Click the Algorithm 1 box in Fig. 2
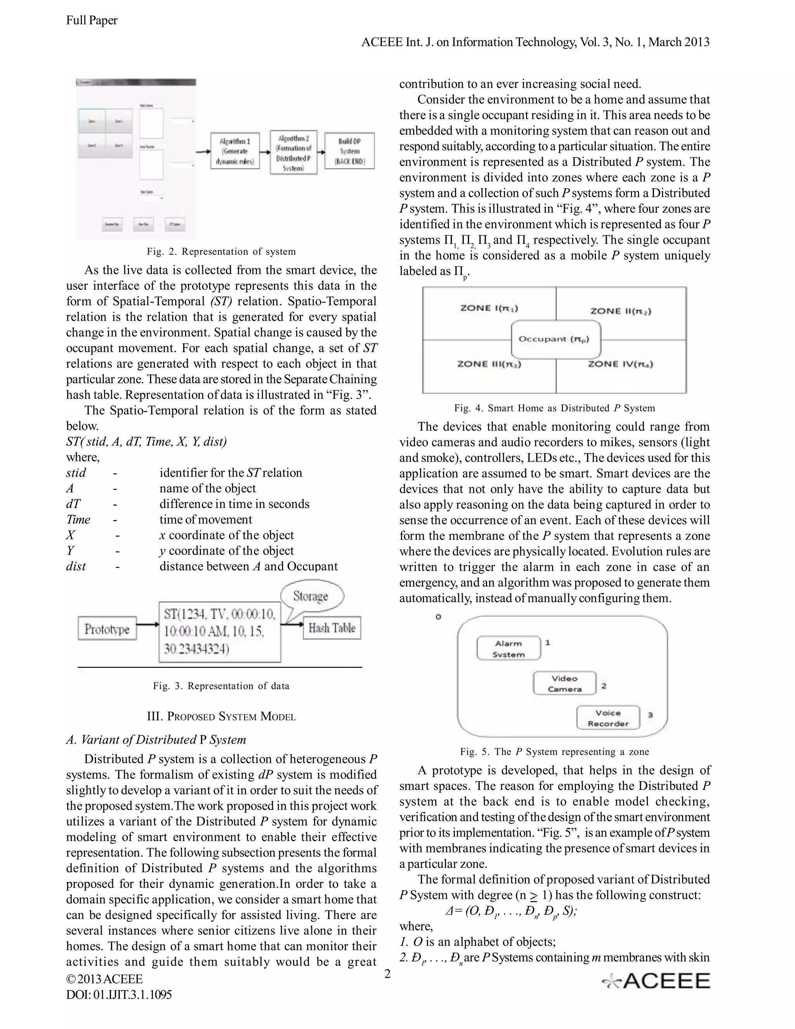[234, 151]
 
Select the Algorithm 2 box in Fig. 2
[293, 153]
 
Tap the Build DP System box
[349, 151]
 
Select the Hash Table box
[332, 628]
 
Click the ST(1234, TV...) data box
[219, 632]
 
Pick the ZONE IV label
[620, 364]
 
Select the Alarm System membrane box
[508, 649]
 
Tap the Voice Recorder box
[608, 718]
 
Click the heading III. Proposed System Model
[221, 717]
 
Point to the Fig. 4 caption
[554, 408]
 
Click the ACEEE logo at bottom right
[656, 981]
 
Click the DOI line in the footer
[119, 994]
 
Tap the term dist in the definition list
[76, 566]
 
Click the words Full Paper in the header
[92, 20]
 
